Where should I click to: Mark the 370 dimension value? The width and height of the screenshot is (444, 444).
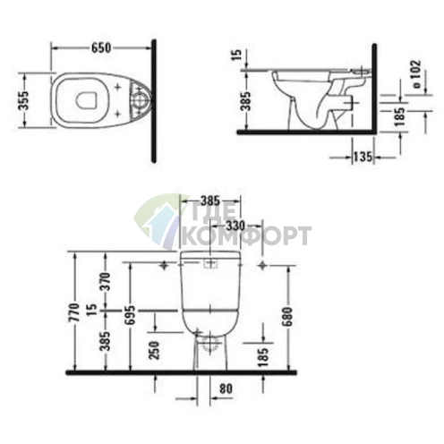tap(105, 281)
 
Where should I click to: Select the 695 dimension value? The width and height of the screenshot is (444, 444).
tap(131, 313)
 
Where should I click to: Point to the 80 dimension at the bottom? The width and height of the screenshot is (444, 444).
tap(226, 388)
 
